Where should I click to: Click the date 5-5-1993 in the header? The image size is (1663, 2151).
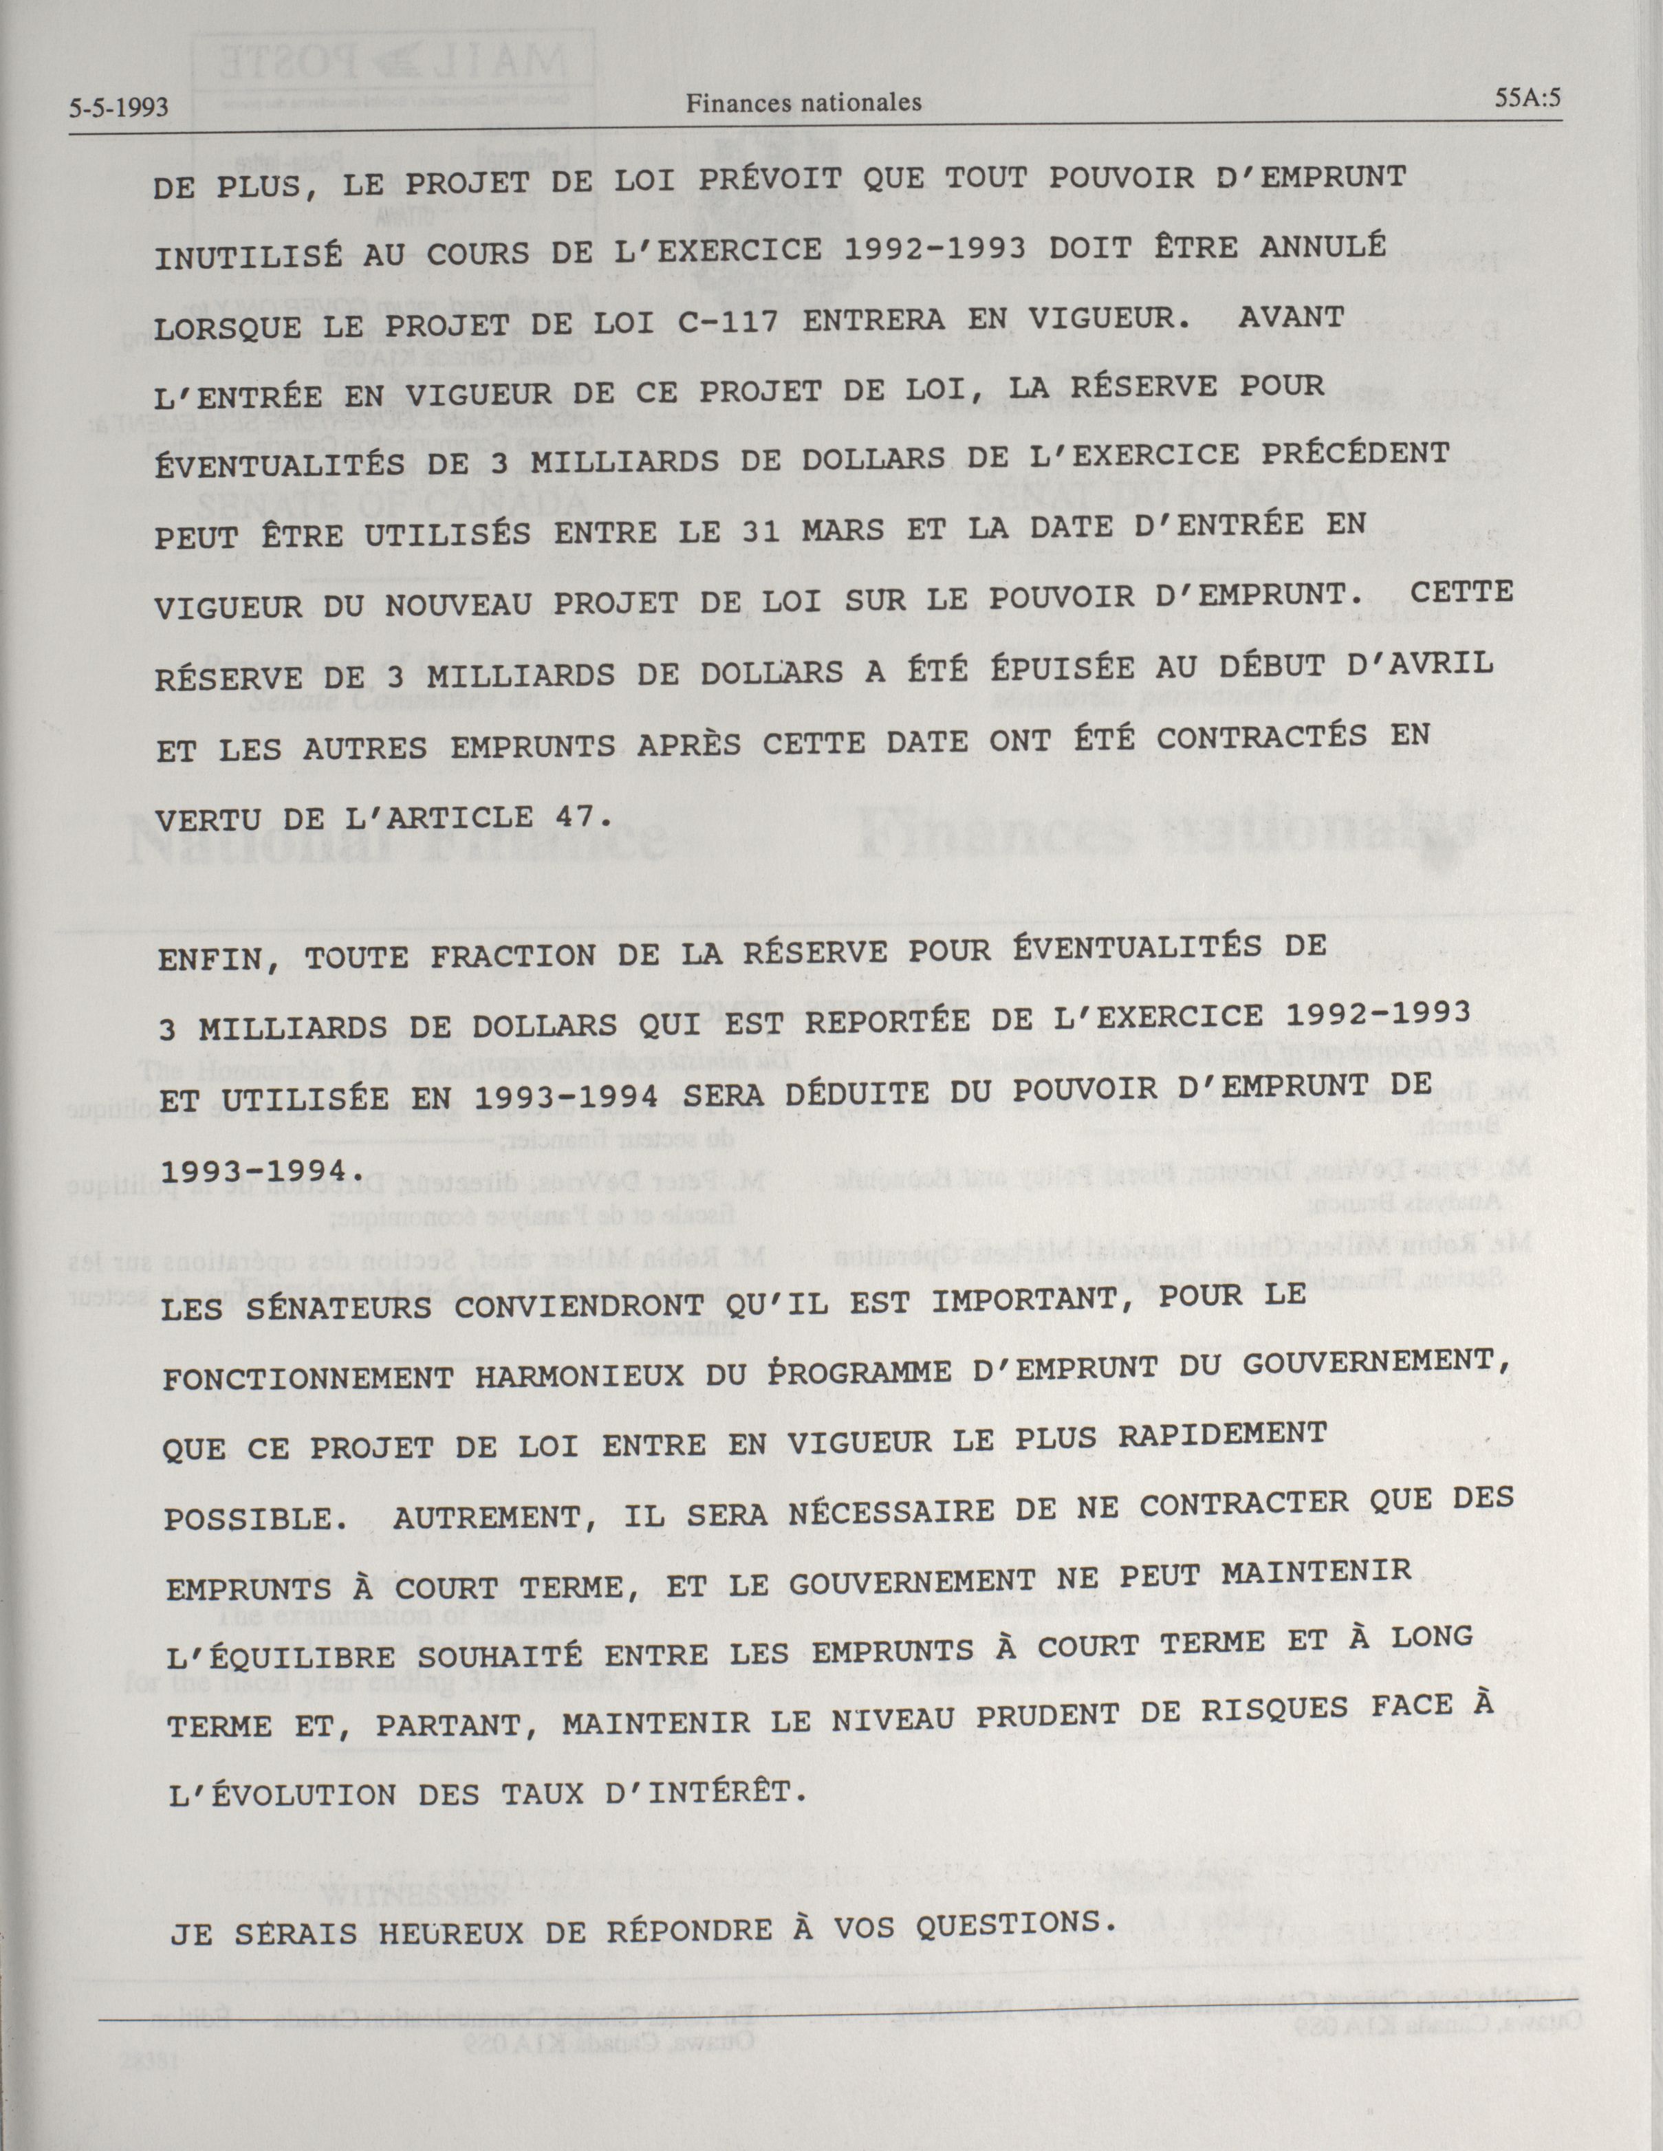119,107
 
